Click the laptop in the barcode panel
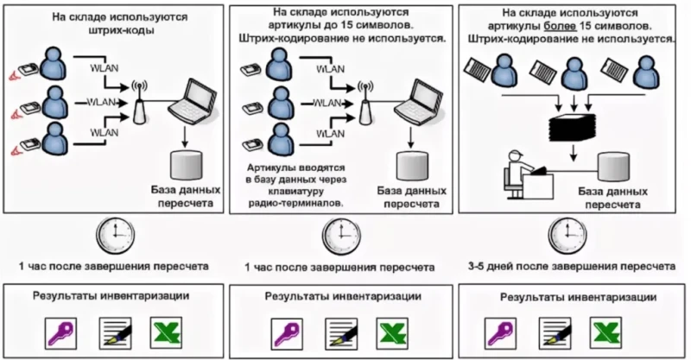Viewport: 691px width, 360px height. click(189, 102)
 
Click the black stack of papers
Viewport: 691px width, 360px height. click(573, 127)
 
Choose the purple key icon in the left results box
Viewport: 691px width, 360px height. click(62, 332)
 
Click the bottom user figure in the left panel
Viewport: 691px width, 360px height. click(53, 139)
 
